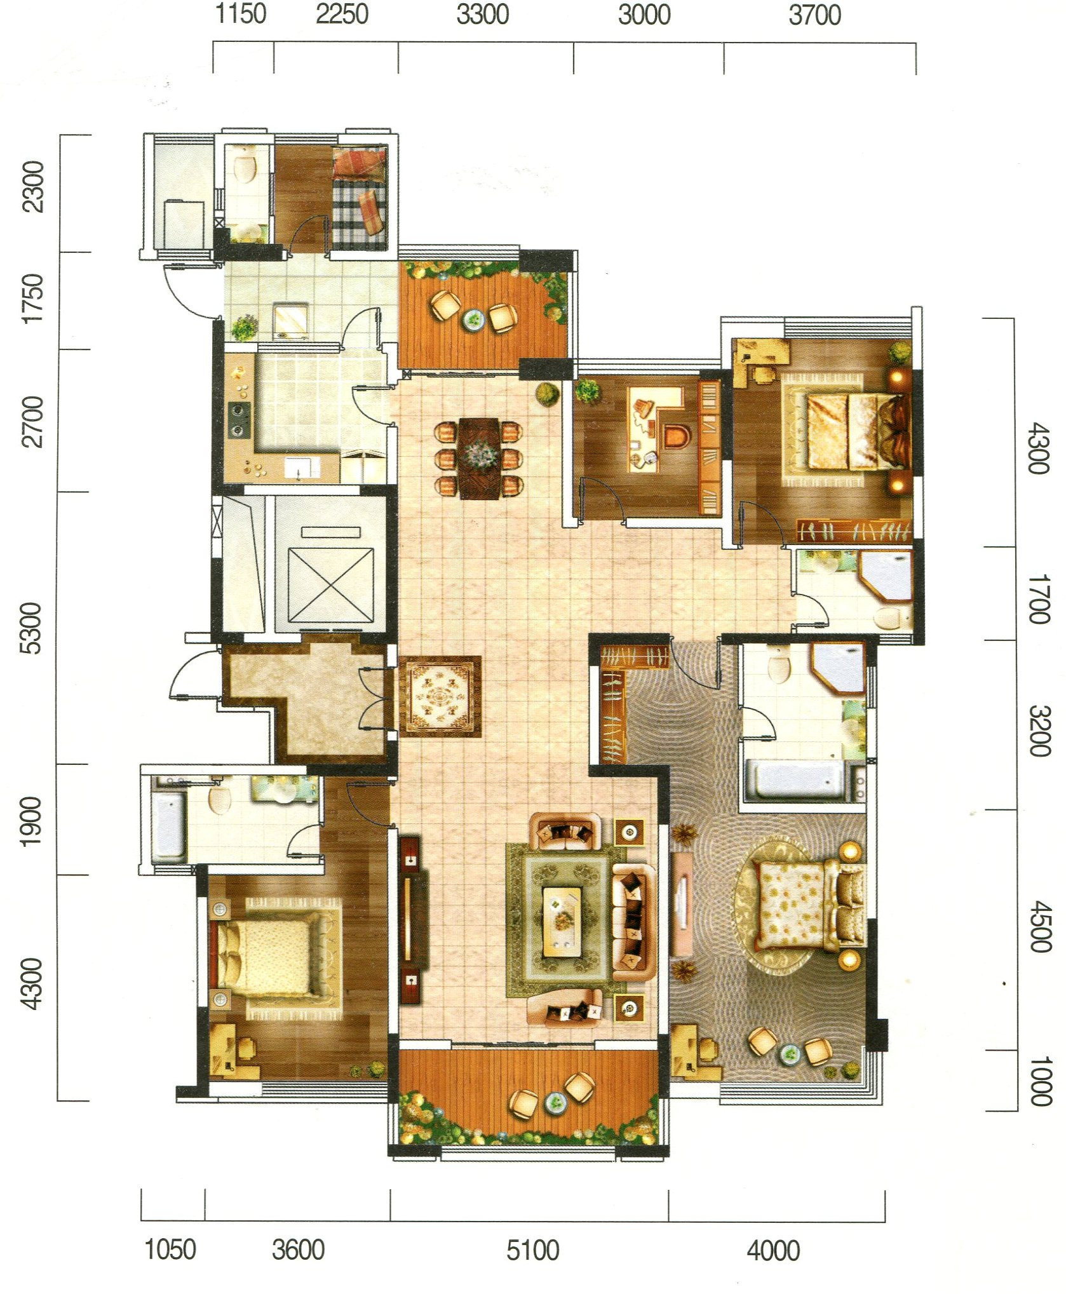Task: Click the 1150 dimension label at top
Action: pos(241,13)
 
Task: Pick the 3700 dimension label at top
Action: pos(814,15)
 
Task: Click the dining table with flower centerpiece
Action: pos(479,458)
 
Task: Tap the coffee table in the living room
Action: pos(562,922)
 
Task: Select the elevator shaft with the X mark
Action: pos(330,584)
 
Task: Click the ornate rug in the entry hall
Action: pos(440,696)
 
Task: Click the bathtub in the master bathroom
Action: pos(797,779)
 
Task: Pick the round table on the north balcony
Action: pos(472,319)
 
